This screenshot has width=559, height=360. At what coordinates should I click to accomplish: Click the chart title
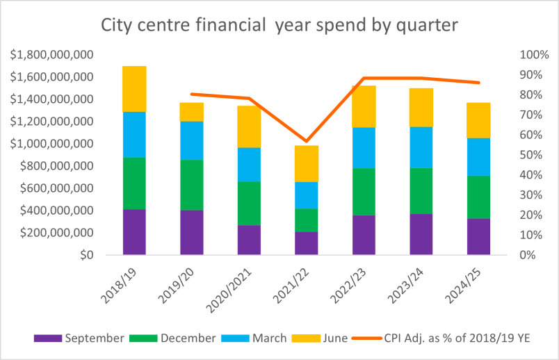pyautogui.click(x=279, y=26)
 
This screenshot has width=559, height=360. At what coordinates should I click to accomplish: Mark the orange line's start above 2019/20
pyautogui.click(x=192, y=94)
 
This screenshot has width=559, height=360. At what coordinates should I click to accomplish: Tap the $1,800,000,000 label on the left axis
pyautogui.click(x=52, y=55)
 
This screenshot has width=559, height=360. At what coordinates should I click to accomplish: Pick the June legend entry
pyautogui.click(x=319, y=338)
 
